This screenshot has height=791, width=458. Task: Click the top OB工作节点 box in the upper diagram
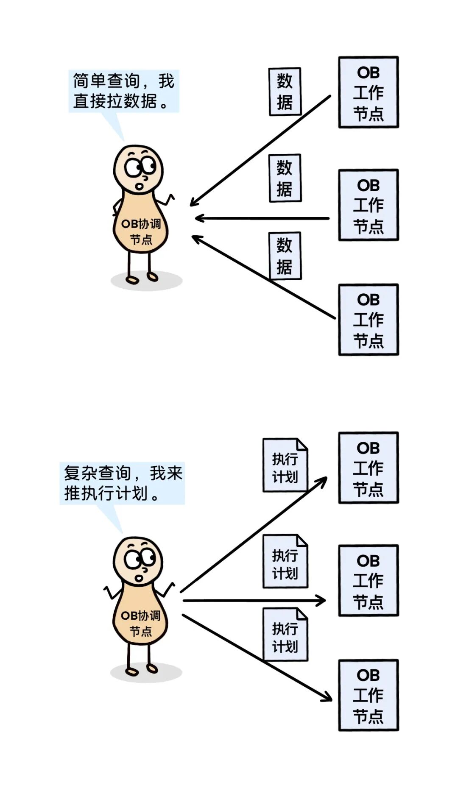(368, 92)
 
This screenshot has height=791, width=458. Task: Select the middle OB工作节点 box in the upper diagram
(368, 205)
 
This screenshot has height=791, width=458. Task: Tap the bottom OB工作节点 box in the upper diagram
(368, 320)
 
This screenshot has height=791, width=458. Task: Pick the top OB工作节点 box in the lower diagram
(368, 468)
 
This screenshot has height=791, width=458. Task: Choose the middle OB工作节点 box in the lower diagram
(368, 580)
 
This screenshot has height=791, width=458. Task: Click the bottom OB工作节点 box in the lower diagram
(368, 695)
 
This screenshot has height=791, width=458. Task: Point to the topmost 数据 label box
(285, 92)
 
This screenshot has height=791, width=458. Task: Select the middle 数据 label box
(285, 178)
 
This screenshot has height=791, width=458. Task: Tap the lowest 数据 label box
(285, 256)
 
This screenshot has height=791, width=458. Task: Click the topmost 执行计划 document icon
(285, 465)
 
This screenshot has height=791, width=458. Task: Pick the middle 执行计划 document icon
(285, 561)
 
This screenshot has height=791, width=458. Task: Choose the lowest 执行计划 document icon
(285, 635)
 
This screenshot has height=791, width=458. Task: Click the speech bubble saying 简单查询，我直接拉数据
(123, 91)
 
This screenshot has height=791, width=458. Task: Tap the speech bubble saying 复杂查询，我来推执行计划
(122, 483)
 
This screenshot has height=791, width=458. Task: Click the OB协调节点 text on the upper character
(141, 231)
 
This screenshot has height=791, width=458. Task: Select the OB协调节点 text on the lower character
(140, 623)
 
